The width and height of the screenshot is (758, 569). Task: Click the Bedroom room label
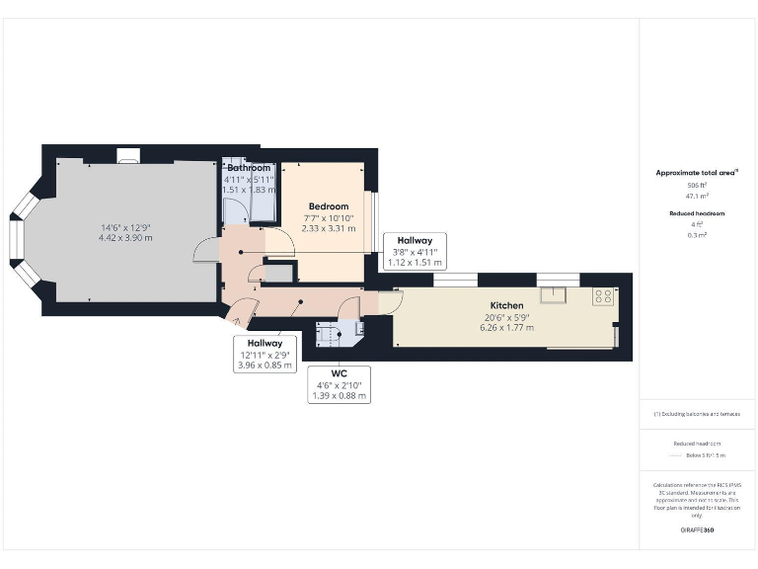tap(327, 205)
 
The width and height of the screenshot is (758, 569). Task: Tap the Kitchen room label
tap(506, 305)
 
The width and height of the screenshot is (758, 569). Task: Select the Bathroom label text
tap(248, 168)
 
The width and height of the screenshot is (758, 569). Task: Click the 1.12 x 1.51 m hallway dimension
tap(414, 264)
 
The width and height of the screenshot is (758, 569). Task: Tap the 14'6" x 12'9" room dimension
tap(125, 228)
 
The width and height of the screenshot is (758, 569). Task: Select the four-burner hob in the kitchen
tap(602, 295)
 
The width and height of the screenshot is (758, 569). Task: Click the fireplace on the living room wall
tap(128, 154)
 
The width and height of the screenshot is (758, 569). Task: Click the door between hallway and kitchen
tap(390, 302)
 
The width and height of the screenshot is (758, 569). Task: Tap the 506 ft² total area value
tap(697, 185)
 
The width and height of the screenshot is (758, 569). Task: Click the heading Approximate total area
tap(697, 173)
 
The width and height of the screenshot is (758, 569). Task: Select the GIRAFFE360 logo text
tap(697, 530)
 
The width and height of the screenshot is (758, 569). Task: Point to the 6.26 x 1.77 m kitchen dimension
tap(506, 327)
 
